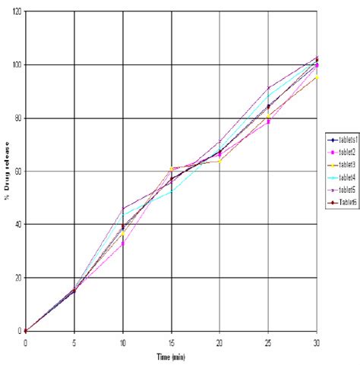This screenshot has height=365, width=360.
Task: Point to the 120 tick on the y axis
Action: tap(15, 11)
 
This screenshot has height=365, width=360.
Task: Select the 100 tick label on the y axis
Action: tap(15, 65)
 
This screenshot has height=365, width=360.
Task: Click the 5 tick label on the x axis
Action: tap(74, 342)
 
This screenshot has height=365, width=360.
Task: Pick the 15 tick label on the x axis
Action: tap(172, 342)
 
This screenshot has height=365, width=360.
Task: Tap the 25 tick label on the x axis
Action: tap(268, 342)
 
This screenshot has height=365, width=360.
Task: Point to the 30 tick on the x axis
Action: tap(317, 342)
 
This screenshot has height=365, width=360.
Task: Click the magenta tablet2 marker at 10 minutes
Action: tap(123, 244)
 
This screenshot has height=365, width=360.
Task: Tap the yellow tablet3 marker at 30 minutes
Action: tap(317, 77)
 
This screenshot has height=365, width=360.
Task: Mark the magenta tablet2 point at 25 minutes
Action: tap(268, 121)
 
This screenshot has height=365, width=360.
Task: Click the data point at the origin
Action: tap(26, 331)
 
